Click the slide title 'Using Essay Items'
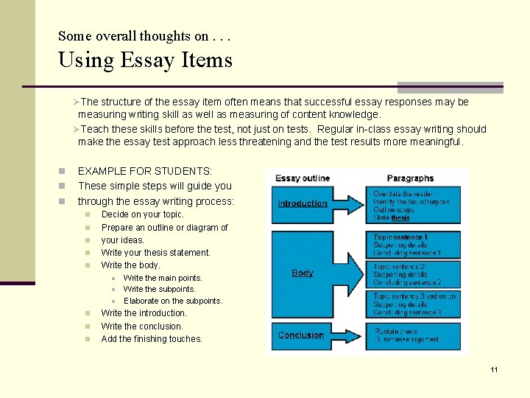145,59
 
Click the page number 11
494,369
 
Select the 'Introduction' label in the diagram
303,203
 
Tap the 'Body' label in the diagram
302,273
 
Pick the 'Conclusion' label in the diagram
301,335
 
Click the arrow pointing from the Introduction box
352,203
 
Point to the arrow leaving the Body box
352,272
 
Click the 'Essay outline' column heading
303,178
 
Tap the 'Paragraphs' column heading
411,178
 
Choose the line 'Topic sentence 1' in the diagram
401,237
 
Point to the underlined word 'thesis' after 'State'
400,218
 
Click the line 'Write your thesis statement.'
155,252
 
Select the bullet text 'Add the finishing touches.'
152,339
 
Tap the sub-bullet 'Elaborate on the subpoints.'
173,301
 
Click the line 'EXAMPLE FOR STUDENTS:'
145,171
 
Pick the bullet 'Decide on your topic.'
143,214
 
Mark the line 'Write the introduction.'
144,313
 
